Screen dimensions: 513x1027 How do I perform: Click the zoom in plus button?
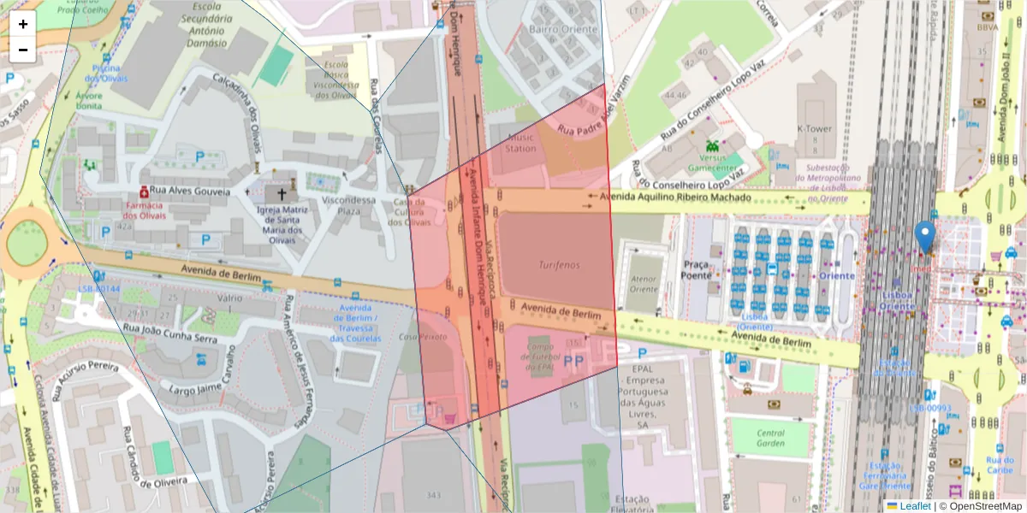tap(23, 24)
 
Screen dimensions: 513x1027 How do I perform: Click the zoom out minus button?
tap(23, 50)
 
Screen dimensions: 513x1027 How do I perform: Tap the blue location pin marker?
tap(924, 236)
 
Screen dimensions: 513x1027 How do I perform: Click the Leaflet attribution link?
tap(913, 506)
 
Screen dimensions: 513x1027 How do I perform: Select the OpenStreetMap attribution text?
tap(982, 506)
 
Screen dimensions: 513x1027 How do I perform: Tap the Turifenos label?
tap(559, 266)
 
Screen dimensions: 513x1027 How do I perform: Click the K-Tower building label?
tap(814, 128)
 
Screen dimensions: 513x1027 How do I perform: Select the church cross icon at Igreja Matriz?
tap(282, 194)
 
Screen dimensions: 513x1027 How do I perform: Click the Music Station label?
tap(521, 142)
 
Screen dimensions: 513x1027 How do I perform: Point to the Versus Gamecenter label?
tap(712, 162)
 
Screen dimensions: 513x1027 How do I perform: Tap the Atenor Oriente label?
tap(644, 283)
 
